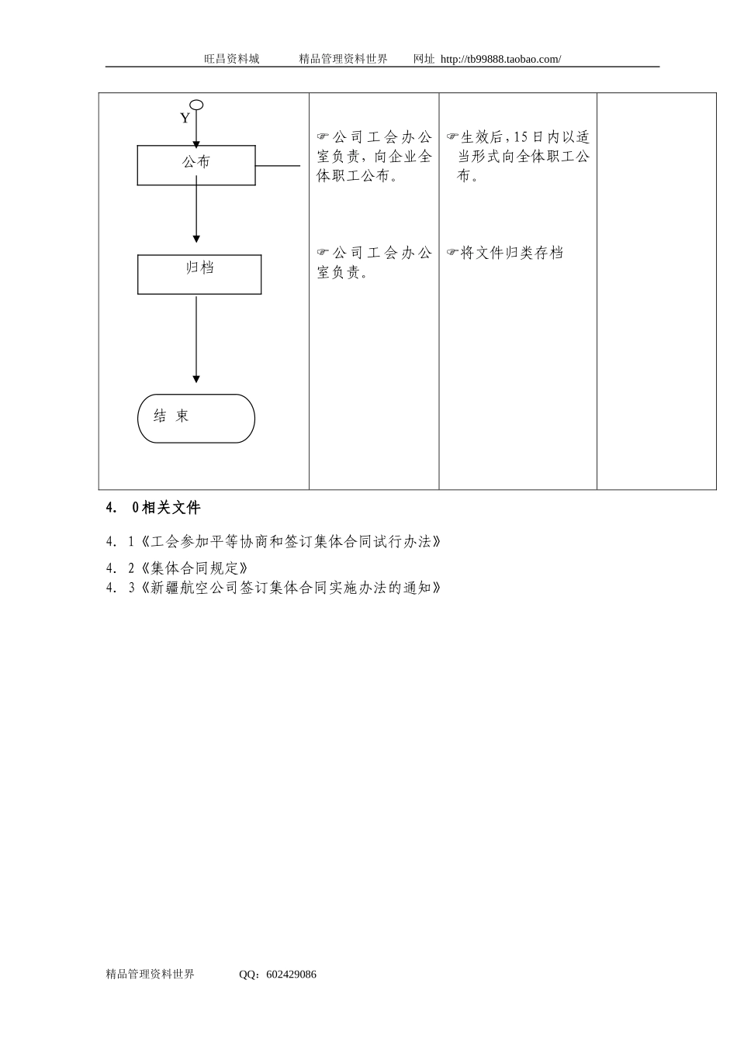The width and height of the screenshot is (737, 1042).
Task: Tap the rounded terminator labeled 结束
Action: click(196, 419)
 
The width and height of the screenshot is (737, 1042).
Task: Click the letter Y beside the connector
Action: click(185, 119)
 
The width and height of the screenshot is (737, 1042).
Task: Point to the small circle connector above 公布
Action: click(196, 105)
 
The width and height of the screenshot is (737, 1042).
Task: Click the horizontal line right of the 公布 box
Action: click(278, 165)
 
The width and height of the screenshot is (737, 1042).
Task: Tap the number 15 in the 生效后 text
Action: click(521, 137)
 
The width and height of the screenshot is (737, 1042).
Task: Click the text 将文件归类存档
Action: click(512, 253)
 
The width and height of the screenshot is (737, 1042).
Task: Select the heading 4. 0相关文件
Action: click(154, 508)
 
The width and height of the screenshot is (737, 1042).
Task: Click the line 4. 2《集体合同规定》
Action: click(178, 568)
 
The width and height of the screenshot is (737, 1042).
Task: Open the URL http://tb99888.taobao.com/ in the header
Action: click(500, 59)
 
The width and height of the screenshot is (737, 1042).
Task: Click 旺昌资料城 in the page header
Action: click(232, 59)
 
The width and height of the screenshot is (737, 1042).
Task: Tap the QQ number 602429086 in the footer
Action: click(291, 975)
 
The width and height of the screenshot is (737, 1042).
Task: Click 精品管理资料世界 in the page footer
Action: click(151, 975)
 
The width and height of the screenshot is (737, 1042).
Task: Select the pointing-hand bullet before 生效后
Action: click(453, 137)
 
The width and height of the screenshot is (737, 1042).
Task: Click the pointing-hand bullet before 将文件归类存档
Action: click(453, 253)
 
